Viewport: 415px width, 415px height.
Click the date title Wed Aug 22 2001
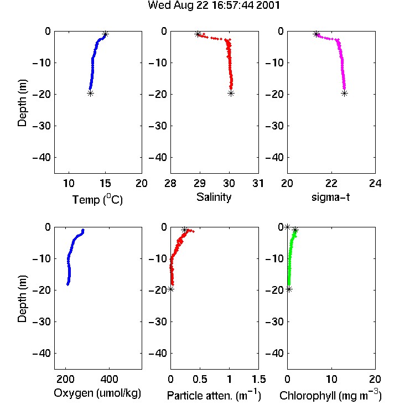click(214, 6)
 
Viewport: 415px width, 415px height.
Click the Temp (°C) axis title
click(97, 199)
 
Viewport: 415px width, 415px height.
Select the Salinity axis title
click(214, 198)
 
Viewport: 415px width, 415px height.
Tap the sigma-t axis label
click(330, 197)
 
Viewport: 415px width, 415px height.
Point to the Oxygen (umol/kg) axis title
click(97, 393)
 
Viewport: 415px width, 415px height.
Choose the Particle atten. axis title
click(214, 395)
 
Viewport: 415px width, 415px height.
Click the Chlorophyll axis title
click(330, 395)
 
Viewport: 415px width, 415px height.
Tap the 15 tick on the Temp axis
click(105, 183)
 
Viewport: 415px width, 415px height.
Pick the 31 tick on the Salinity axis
click(258, 183)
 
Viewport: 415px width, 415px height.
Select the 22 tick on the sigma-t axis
click(331, 183)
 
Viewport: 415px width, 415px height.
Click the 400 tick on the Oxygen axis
click(110, 379)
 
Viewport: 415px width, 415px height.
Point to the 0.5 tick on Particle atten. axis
click(200, 379)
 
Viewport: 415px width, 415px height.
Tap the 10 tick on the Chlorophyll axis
click(331, 379)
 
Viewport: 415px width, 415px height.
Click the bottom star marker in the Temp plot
click(91, 93)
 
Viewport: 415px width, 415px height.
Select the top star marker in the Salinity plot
click(198, 34)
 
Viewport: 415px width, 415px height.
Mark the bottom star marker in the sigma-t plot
click(344, 93)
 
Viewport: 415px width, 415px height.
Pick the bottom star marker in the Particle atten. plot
click(171, 289)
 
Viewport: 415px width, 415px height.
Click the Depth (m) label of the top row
click(22, 103)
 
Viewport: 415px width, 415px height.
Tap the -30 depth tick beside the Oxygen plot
click(41, 321)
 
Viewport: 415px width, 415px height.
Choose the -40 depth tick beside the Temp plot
click(41, 158)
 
